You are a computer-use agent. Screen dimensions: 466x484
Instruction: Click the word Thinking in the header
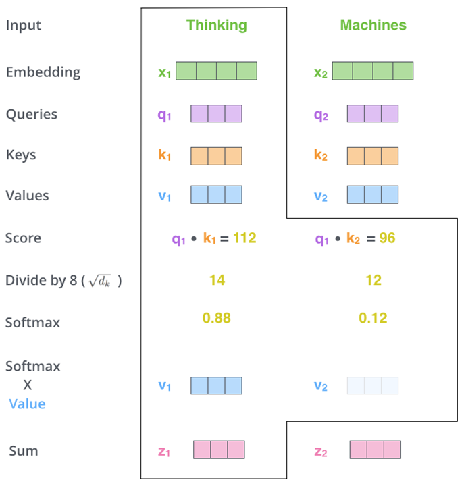[x=217, y=26]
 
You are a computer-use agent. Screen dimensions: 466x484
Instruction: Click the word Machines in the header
[x=373, y=26]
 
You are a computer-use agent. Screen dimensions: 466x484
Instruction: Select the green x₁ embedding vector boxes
[x=216, y=71]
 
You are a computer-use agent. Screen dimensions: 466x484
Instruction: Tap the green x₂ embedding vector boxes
[x=372, y=71]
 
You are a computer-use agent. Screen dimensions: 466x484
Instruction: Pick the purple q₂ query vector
[x=372, y=114]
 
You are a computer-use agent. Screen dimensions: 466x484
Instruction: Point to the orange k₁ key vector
[x=216, y=156]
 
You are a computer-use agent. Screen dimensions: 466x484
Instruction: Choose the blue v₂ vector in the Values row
[x=372, y=195]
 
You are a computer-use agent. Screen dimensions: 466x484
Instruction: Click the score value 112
[x=244, y=238]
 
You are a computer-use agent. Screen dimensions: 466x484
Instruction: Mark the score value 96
[x=387, y=238]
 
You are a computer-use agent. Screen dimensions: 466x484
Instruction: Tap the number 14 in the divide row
[x=217, y=279]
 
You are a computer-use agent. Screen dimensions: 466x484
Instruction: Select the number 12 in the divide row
[x=373, y=279]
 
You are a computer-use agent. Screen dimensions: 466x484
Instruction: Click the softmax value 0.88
[x=217, y=318]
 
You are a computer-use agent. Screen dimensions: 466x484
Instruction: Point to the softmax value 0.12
[x=373, y=318]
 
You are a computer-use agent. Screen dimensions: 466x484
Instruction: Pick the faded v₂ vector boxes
[x=372, y=385]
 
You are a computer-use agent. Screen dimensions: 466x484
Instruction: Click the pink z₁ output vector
[x=219, y=450]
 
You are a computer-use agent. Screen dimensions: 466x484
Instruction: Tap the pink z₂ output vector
[x=375, y=450]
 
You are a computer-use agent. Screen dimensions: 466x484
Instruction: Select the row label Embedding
[x=43, y=72]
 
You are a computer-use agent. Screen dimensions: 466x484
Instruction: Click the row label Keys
[x=21, y=155]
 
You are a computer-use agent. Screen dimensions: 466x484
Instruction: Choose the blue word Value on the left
[x=27, y=404]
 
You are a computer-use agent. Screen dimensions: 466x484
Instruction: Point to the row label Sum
[x=24, y=450]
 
